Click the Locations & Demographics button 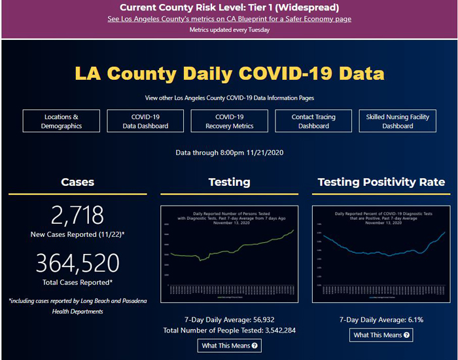[x=62, y=121]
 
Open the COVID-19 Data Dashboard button [x=146, y=121]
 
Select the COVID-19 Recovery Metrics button [x=230, y=121]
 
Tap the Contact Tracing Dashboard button [x=313, y=121]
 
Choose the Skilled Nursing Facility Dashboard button [x=398, y=121]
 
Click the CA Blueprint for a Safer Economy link [x=229, y=19]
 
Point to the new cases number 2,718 [x=77, y=215]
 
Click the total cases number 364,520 [x=77, y=263]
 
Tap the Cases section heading [x=77, y=182]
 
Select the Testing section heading [x=229, y=182]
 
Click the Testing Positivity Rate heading [x=381, y=182]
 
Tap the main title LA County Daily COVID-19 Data [x=229, y=73]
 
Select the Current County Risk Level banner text [x=229, y=8]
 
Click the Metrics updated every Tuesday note [x=229, y=30]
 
